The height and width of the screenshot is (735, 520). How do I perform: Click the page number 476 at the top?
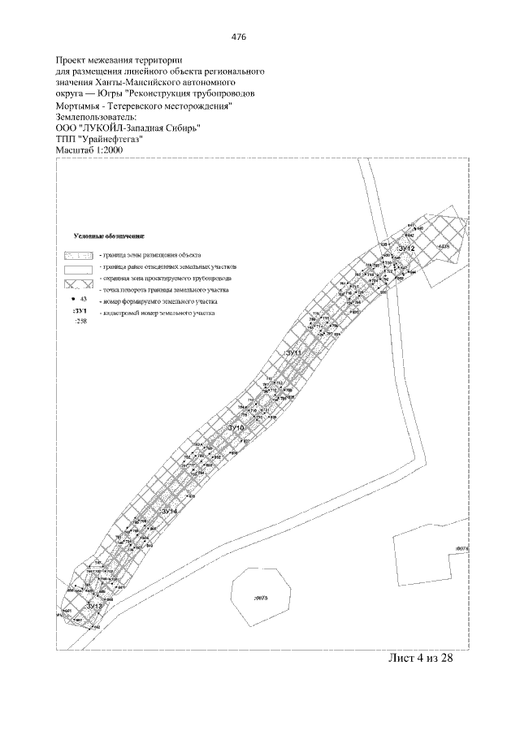click(x=238, y=37)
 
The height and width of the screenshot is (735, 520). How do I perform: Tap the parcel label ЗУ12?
click(x=407, y=249)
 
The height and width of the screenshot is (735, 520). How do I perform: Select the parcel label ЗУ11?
click(x=293, y=353)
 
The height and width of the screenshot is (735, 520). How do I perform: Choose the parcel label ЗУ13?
click(x=94, y=606)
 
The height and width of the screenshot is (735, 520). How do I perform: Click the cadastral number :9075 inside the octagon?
click(x=260, y=599)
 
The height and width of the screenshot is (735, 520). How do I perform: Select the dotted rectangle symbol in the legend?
click(x=80, y=256)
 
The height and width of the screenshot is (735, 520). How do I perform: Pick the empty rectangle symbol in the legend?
click(x=80, y=270)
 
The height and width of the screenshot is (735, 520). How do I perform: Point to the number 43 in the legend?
click(x=83, y=299)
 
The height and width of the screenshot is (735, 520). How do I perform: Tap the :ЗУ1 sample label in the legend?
click(x=79, y=311)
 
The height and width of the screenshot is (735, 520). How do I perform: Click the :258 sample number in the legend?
click(x=80, y=322)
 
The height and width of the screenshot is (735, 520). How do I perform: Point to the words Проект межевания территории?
click(x=119, y=60)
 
